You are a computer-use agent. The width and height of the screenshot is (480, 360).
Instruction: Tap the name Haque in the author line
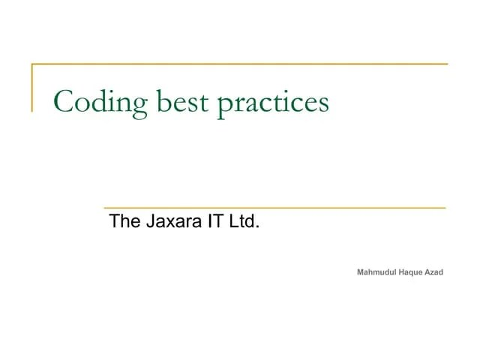coord(412,271)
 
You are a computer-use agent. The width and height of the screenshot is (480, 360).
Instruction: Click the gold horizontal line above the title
coord(240,64)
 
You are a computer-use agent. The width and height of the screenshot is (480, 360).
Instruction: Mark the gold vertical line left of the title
coord(31,88)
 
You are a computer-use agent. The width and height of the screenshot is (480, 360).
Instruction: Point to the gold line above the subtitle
coord(274,207)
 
